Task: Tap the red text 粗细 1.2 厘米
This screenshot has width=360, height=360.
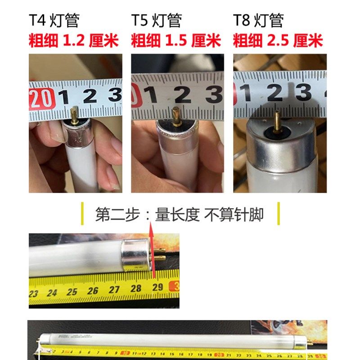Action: point(74,41)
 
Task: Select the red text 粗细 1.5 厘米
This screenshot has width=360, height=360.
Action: point(176,41)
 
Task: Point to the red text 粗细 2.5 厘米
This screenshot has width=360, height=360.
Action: point(278,41)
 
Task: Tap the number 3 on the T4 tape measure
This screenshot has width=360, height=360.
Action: point(116,95)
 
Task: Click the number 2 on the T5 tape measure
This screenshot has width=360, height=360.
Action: point(182,95)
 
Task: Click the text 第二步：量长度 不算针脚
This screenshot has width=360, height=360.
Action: point(180,215)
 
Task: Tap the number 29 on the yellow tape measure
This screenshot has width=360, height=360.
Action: point(157,287)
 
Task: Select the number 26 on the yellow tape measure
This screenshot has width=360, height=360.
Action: point(93,290)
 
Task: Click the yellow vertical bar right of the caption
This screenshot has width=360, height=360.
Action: point(279,214)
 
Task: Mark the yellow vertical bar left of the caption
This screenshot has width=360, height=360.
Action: point(82,214)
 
